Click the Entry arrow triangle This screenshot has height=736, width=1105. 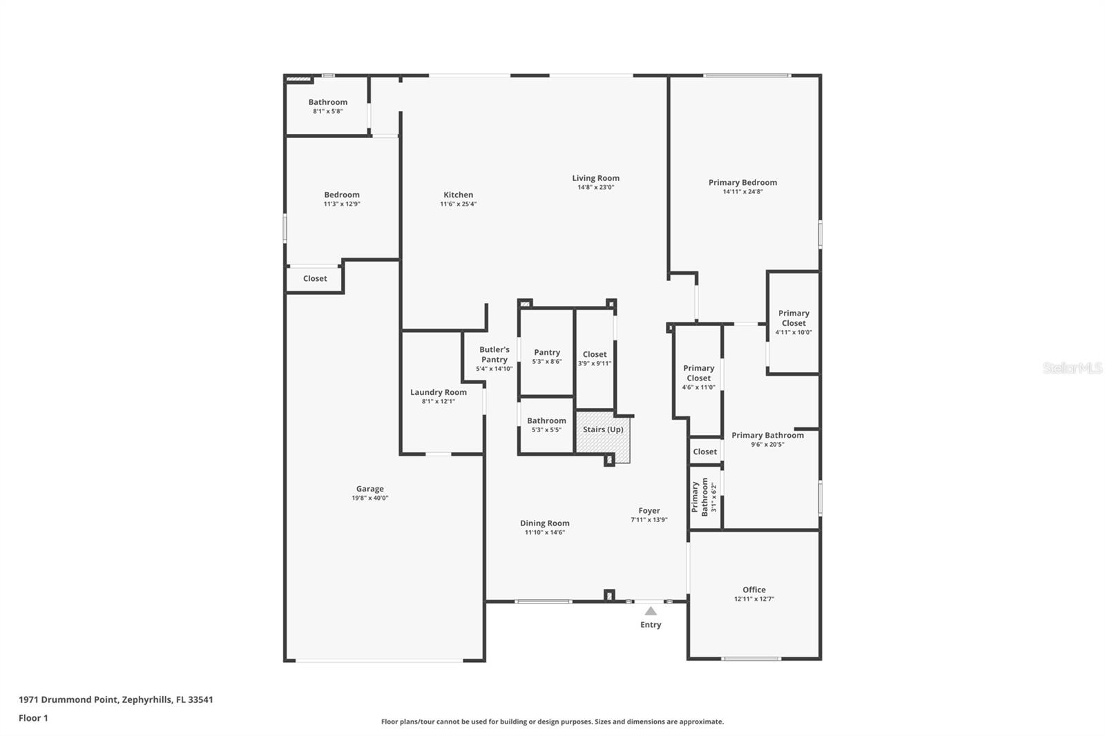(x=651, y=611)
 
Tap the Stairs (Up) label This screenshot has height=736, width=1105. (x=603, y=429)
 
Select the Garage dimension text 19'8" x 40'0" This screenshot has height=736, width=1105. (x=370, y=498)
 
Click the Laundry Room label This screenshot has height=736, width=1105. (x=439, y=392)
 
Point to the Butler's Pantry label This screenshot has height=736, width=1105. (x=494, y=354)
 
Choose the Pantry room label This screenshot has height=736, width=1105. (x=547, y=352)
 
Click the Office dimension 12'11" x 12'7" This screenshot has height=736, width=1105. (x=754, y=599)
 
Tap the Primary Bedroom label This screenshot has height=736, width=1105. (x=742, y=182)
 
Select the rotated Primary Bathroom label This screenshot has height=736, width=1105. (x=700, y=497)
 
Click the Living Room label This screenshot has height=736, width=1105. (x=595, y=178)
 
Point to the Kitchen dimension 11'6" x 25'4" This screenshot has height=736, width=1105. (x=459, y=204)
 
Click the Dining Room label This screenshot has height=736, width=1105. (x=545, y=523)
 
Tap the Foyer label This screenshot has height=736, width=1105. (x=649, y=511)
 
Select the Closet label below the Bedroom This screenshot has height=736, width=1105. (x=315, y=278)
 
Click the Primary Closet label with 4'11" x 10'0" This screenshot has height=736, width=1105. (x=794, y=318)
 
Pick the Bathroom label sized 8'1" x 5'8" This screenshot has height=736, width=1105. (x=328, y=102)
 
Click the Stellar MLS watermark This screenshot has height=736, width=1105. (x=1072, y=368)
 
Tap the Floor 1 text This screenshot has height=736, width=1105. (x=33, y=718)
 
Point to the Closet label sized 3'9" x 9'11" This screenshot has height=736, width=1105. (x=595, y=354)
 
